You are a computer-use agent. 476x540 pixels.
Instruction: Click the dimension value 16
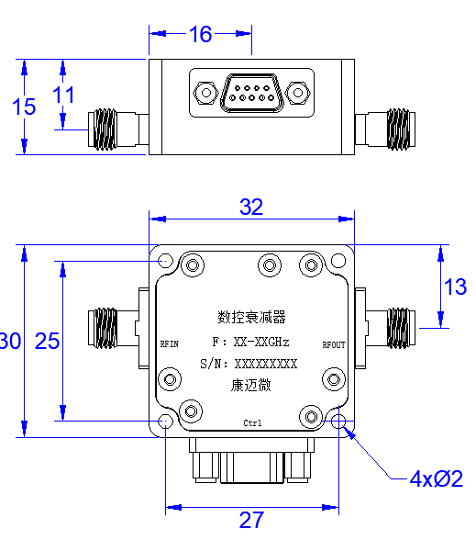click(201, 34)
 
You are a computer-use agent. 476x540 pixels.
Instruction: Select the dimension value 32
click(251, 207)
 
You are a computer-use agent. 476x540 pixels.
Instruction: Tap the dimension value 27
click(251, 520)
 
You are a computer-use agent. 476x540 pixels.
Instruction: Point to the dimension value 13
click(455, 287)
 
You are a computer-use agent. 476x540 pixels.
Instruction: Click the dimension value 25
click(47, 341)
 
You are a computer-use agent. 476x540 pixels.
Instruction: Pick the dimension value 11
click(63, 96)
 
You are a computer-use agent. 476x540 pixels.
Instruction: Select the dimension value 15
click(24, 107)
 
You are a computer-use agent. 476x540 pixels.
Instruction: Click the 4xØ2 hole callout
click(437, 478)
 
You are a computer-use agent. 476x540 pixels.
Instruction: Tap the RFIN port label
click(169, 344)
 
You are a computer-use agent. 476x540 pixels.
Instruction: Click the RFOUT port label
click(334, 344)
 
